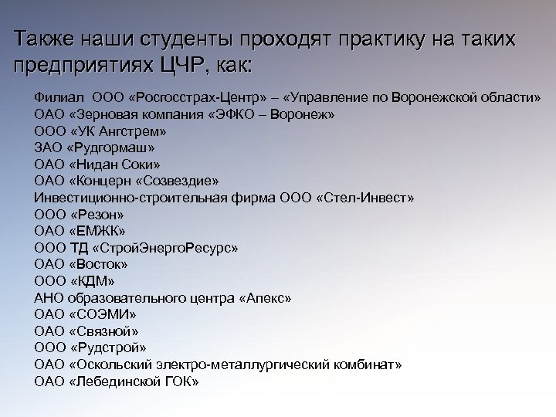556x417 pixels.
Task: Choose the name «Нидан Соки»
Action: [116, 164]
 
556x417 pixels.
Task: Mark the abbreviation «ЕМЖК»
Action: [97, 231]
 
